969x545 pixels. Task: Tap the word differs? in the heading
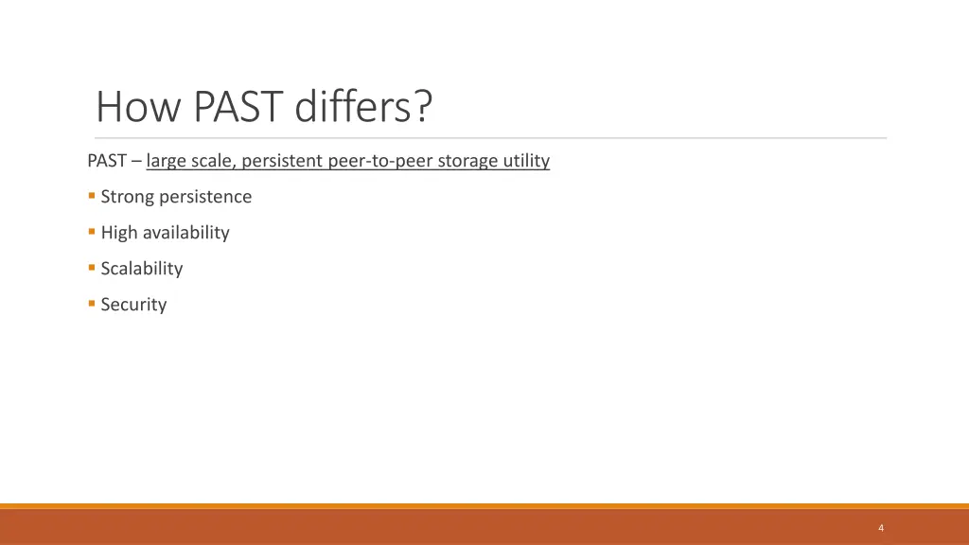tap(363, 107)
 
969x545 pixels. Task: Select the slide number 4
tap(881, 528)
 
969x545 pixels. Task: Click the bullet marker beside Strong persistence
tap(92, 196)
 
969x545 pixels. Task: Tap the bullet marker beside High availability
tap(92, 232)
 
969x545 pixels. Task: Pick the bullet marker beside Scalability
tap(92, 268)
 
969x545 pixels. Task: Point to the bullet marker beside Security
tap(92, 304)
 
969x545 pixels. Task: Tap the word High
tap(118, 233)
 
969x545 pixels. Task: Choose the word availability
tap(185, 233)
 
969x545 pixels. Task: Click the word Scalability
tap(142, 269)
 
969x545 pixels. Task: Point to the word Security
tap(133, 305)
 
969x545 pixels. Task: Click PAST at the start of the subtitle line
tap(107, 161)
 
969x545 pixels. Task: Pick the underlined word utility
tap(526, 161)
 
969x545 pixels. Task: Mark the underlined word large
tap(167, 161)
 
